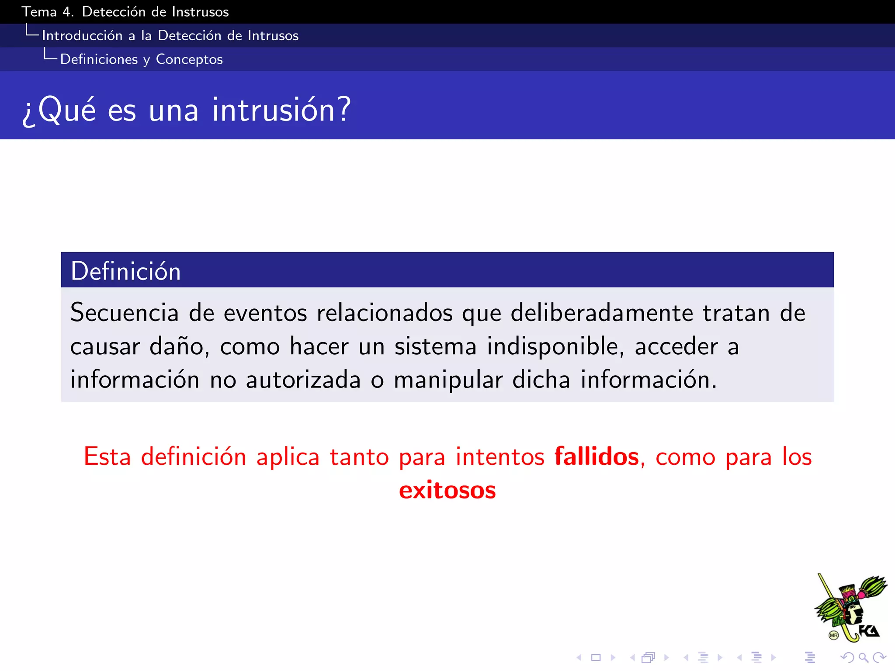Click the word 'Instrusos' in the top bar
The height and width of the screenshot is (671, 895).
tap(200, 12)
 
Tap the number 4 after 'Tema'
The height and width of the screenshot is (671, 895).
tap(67, 12)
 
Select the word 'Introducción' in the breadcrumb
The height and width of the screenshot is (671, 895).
tap(82, 35)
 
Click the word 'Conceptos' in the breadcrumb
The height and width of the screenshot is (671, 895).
tap(189, 59)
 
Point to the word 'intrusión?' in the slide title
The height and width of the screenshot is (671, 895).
tap(281, 109)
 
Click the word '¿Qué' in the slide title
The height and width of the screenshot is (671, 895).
tap(59, 109)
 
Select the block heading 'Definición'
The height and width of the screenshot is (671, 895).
tap(126, 271)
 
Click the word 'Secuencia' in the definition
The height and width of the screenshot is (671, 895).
tap(125, 313)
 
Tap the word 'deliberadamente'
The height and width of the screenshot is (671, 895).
tap(602, 313)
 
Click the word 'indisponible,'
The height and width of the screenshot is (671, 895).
tap(555, 346)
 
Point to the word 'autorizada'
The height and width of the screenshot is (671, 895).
tap(303, 380)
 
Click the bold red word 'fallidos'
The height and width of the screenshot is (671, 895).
tap(597, 457)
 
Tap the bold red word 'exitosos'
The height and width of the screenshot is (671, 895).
tap(447, 490)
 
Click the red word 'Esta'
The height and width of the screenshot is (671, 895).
tap(107, 457)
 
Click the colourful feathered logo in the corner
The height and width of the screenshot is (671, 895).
tap(850, 607)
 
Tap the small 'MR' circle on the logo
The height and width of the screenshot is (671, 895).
tap(833, 636)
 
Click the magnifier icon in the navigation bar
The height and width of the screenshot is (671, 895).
tap(863, 657)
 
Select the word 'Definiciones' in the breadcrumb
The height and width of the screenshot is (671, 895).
tap(99, 59)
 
